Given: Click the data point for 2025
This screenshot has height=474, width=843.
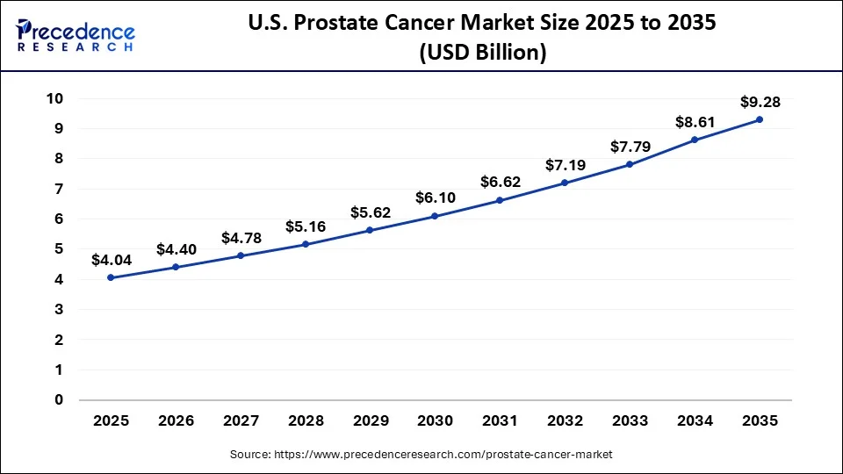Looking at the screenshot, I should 110,277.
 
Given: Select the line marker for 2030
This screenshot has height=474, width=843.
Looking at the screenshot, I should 435,216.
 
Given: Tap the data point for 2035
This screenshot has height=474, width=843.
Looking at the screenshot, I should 760,119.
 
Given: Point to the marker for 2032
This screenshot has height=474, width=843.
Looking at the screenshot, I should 565,183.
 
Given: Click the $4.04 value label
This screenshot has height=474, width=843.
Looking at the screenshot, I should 111,260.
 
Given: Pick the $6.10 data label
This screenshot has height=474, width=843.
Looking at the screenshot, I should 435,197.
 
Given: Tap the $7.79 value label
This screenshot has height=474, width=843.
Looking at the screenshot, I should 630,146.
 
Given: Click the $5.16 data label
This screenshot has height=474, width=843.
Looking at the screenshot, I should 305,226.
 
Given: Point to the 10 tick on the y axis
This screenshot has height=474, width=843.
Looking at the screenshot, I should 55,98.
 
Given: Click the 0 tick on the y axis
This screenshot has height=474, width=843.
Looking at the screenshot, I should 59,400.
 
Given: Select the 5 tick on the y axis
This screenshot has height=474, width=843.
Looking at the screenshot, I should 59,249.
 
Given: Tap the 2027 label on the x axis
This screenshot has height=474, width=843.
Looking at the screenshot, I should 240,421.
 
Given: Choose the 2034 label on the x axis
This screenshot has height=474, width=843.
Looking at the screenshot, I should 695,421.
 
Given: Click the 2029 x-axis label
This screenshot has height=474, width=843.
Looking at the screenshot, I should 370,421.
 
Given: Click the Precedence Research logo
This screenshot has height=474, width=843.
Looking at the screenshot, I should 75,35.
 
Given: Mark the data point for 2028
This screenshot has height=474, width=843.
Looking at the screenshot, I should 305,244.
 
